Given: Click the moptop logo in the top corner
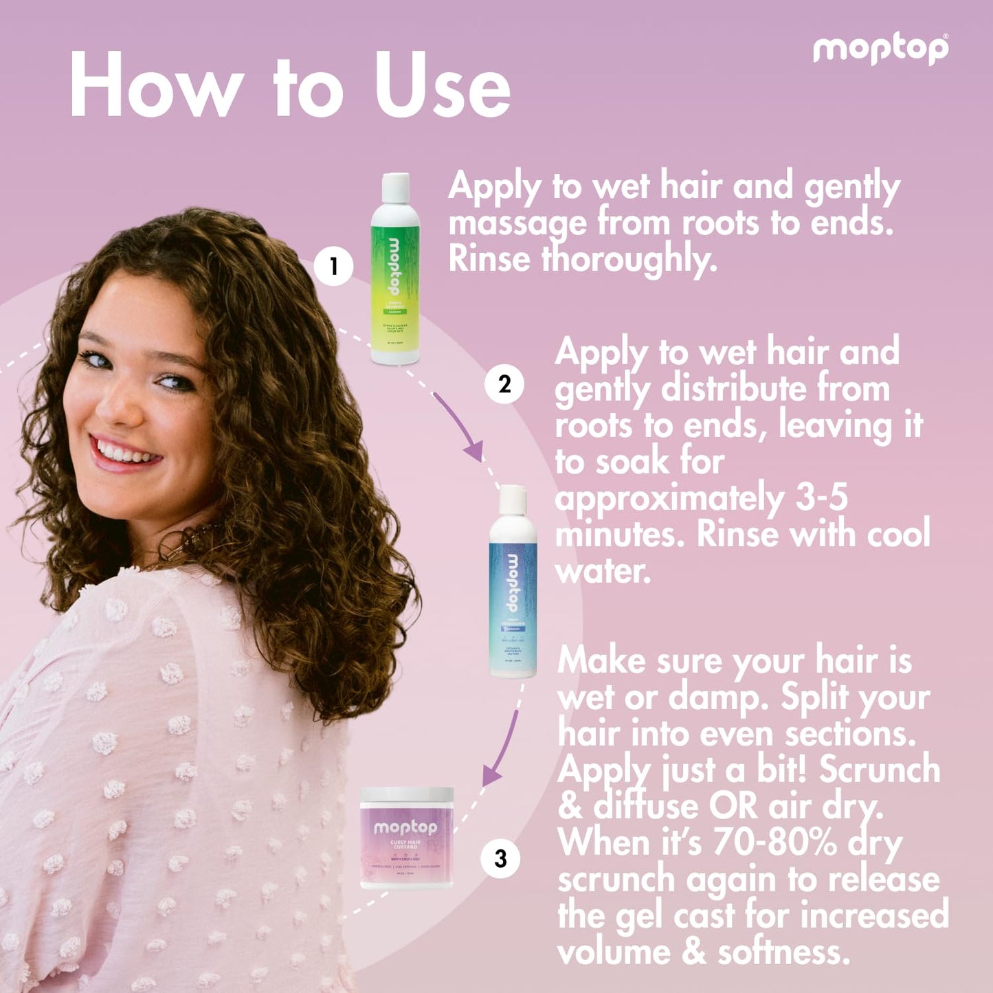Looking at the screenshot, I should coord(880,49).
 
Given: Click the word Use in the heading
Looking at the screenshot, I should coord(443,87).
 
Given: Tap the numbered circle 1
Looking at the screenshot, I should coord(334,266).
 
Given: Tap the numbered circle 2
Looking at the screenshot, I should coord(504,384).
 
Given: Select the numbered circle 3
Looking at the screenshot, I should coord(500,858).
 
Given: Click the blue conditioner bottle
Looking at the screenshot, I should coord(513,591).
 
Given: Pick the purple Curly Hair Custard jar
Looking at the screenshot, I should coord(407,842).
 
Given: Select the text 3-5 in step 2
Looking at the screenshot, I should coord(821,497).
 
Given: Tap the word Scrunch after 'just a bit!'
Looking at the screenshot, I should coord(879,769).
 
